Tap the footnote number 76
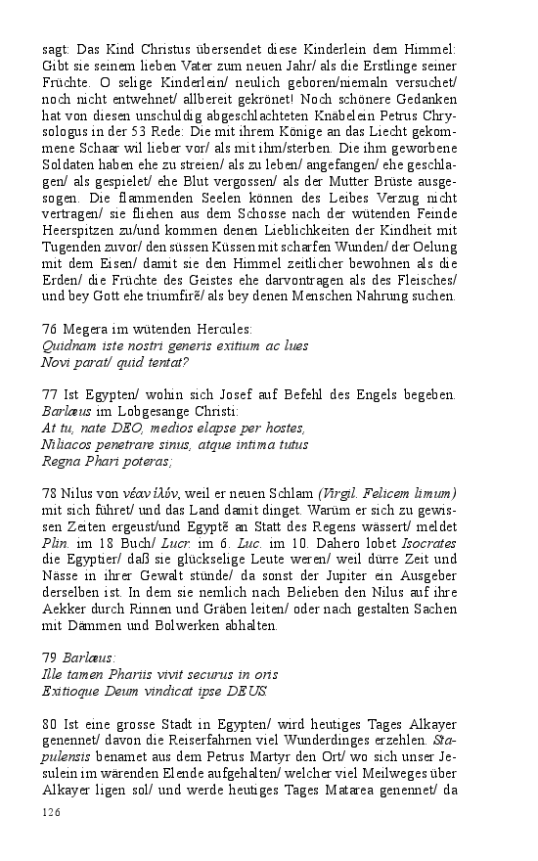point(50,330)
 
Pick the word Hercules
point(220,330)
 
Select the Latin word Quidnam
point(69,345)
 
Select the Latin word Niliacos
point(71,443)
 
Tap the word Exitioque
point(76,690)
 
